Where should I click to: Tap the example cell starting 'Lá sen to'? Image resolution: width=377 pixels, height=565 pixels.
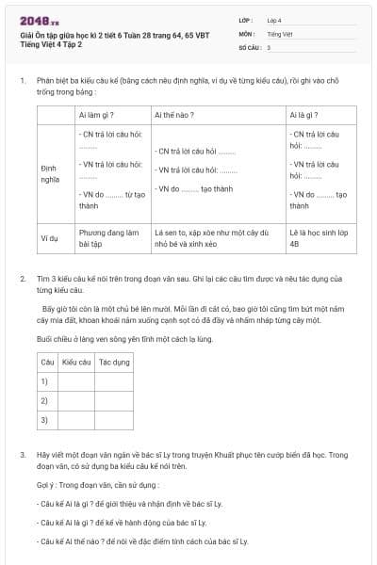211,237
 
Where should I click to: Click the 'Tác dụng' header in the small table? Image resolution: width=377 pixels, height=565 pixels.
114,362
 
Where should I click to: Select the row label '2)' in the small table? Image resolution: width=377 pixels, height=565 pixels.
43,400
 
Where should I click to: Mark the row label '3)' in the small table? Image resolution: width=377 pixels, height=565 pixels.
43,419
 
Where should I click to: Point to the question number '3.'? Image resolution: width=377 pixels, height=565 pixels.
23,455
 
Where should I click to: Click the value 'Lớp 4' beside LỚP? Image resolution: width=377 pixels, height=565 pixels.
274,19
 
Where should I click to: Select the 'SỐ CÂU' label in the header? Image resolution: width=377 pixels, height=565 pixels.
249,46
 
